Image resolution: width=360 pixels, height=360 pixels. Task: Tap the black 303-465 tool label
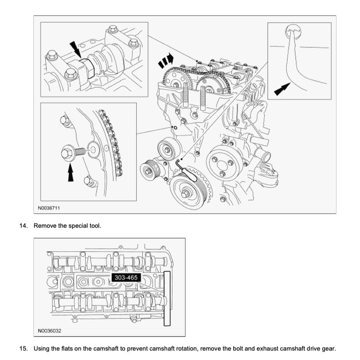point(125,278)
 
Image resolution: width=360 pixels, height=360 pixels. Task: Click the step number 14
point(23,226)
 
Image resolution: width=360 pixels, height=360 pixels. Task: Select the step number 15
point(23,349)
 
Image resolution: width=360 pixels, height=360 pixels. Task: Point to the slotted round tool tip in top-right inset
point(292,32)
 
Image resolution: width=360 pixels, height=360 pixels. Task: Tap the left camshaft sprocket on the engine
point(177,82)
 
